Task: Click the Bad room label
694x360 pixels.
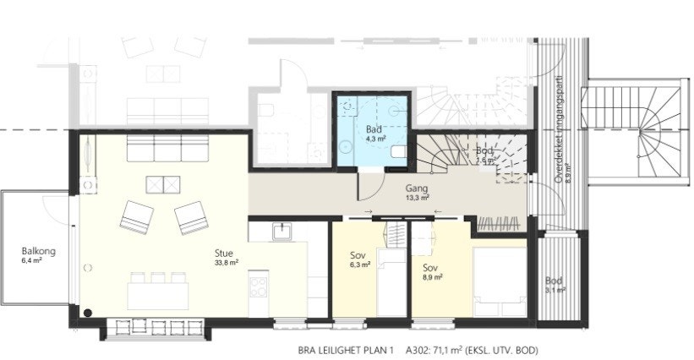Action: pyautogui.click(x=371, y=129)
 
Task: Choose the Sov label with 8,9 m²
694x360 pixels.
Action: pyautogui.click(x=431, y=266)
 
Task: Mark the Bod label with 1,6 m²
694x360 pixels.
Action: pyautogui.click(x=485, y=151)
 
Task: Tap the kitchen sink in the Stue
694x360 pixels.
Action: pyautogui.click(x=282, y=232)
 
